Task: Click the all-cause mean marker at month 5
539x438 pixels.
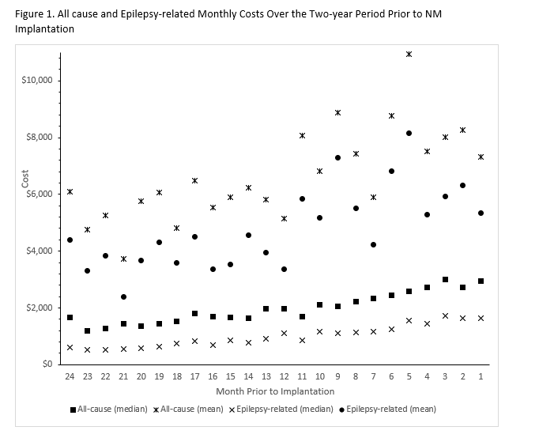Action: [x=409, y=55]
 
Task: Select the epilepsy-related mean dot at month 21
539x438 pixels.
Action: [x=123, y=296]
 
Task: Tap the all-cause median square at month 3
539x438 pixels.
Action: [x=445, y=280]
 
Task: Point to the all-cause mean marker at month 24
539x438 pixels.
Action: [x=70, y=191]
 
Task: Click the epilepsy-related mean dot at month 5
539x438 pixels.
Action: [x=409, y=133]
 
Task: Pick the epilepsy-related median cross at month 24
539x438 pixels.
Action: [x=70, y=347]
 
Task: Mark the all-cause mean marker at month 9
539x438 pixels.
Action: [x=337, y=112]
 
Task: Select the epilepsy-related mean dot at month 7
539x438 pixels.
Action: [x=373, y=244]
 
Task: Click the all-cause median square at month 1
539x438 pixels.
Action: [x=481, y=281]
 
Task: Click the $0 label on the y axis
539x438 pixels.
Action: [x=47, y=364]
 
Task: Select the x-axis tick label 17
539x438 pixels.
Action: [x=194, y=378]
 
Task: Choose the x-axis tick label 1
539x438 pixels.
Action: [x=481, y=378]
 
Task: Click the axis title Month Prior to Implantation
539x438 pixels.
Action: [x=274, y=391]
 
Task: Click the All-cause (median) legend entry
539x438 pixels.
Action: [x=108, y=409]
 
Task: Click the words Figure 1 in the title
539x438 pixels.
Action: [x=36, y=13]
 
